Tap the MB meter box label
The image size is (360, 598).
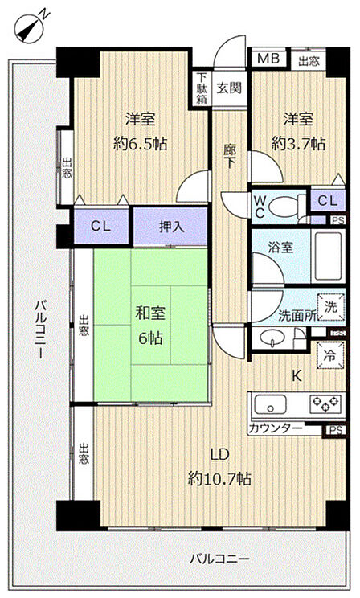[268, 59]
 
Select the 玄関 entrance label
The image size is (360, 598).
[229, 88]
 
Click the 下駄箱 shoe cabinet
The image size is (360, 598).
[202, 88]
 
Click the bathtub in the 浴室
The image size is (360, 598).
[328, 256]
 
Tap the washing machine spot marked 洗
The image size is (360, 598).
[331, 306]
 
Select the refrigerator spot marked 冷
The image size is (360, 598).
[330, 355]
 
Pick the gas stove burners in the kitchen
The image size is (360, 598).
[325, 404]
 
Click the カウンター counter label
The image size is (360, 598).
[276, 428]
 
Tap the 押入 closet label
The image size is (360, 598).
[171, 227]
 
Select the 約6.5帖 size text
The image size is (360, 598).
[141, 144]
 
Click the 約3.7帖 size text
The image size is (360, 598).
[299, 144]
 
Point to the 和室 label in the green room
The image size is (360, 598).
[150, 313]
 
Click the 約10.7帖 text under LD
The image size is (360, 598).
[219, 478]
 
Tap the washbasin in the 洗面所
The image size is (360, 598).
[272, 337]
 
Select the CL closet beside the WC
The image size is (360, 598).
[328, 201]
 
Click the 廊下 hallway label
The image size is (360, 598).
[229, 157]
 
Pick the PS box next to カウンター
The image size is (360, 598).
[336, 430]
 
